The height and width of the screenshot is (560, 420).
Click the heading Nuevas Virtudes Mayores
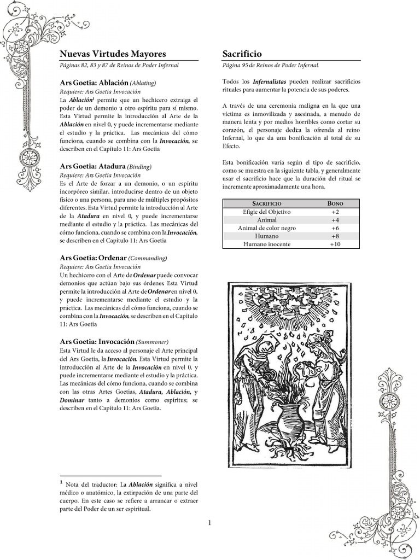[113, 54]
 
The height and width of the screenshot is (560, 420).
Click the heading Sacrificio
[242, 54]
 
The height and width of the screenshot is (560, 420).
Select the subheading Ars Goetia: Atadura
[92, 166]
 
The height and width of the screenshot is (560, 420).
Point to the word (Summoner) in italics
[152, 341]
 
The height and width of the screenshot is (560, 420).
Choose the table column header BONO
[335, 203]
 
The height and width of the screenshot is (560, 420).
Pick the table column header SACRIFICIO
[267, 203]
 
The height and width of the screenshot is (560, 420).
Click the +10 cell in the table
[335, 244]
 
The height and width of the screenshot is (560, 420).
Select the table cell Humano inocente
[267, 244]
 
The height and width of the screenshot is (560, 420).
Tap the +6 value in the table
[335, 227]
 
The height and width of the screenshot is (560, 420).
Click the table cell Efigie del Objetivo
[267, 212]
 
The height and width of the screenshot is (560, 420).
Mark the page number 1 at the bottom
[209, 523]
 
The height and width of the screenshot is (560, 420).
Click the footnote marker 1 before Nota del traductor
[61, 482]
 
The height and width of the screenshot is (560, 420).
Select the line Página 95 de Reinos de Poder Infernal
[271, 65]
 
